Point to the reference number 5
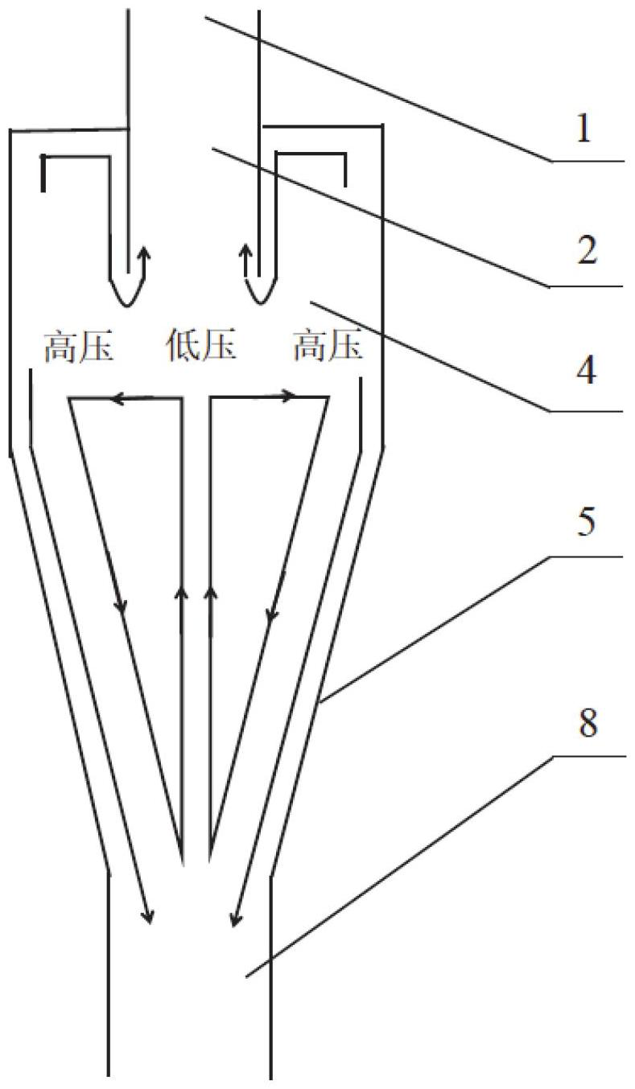(585, 523)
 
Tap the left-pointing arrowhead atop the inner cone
(118, 397)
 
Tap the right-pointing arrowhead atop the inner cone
(288, 395)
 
